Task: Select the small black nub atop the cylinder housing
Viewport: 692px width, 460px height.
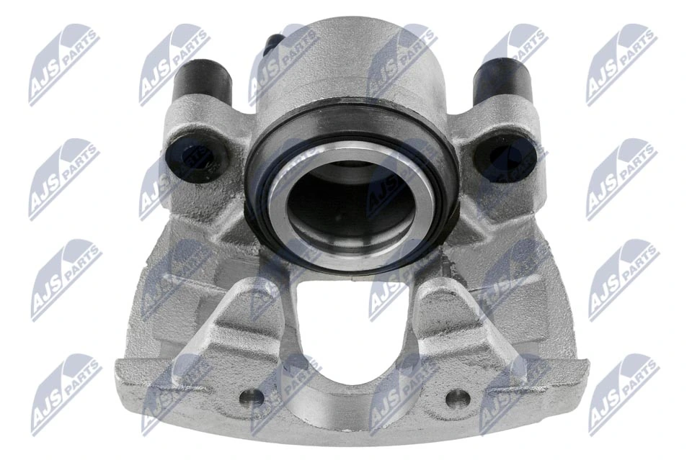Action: point(272,45)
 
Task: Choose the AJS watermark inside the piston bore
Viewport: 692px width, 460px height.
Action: point(393,180)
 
